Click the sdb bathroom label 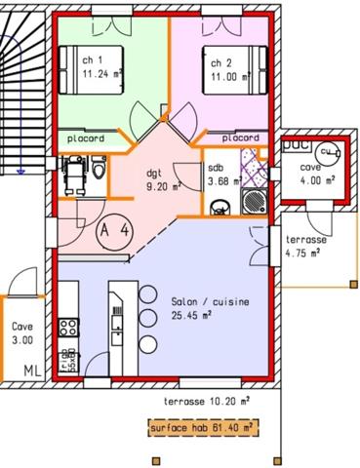point(215,168)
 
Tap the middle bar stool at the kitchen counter point(147,318)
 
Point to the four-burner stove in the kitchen point(69,327)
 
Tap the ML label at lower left point(32,370)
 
